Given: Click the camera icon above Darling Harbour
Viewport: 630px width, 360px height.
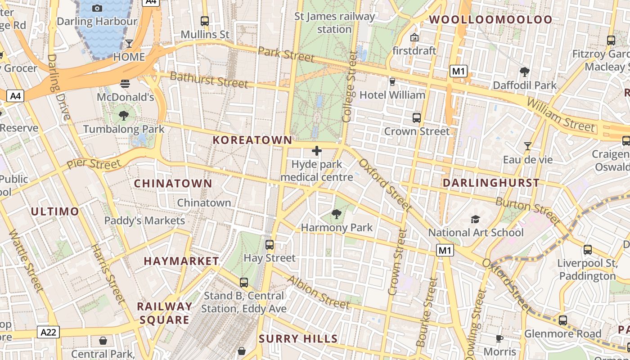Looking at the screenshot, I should pyautogui.click(x=97, y=8).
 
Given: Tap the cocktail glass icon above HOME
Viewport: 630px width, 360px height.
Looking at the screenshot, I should pyautogui.click(x=129, y=43).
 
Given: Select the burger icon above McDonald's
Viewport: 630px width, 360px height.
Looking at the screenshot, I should pyautogui.click(x=125, y=83).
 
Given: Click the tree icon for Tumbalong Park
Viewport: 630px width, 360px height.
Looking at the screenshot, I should pyautogui.click(x=124, y=116).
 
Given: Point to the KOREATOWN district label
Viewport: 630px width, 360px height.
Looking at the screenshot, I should pyautogui.click(x=252, y=140).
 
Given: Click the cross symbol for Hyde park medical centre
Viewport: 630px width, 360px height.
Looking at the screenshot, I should pyautogui.click(x=317, y=151).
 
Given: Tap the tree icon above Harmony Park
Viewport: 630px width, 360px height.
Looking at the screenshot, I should pyautogui.click(x=336, y=214).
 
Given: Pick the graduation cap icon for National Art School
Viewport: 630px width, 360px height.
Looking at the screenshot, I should pyautogui.click(x=475, y=219).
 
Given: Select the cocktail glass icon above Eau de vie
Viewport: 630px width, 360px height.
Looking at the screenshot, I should pyautogui.click(x=527, y=146).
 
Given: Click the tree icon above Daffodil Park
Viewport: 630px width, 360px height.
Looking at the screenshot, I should pyautogui.click(x=524, y=72).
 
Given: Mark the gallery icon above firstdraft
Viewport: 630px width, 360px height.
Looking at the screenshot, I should pyautogui.click(x=414, y=37).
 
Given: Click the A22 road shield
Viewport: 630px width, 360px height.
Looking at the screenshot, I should pyautogui.click(x=49, y=333).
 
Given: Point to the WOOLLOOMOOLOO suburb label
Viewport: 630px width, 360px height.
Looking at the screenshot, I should pyautogui.click(x=490, y=19).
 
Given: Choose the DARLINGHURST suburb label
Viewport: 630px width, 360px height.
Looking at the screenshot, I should pyautogui.click(x=491, y=183).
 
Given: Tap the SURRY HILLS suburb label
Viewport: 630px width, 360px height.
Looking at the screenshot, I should pyautogui.click(x=298, y=339).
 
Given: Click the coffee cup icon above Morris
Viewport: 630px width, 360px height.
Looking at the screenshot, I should pyautogui.click(x=499, y=338).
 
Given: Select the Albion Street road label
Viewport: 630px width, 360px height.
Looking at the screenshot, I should pyautogui.click(x=318, y=292).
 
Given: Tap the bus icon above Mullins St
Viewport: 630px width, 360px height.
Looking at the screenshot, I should pyautogui.click(x=205, y=21).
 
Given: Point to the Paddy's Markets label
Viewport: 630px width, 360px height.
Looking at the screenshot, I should pyautogui.click(x=144, y=220).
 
